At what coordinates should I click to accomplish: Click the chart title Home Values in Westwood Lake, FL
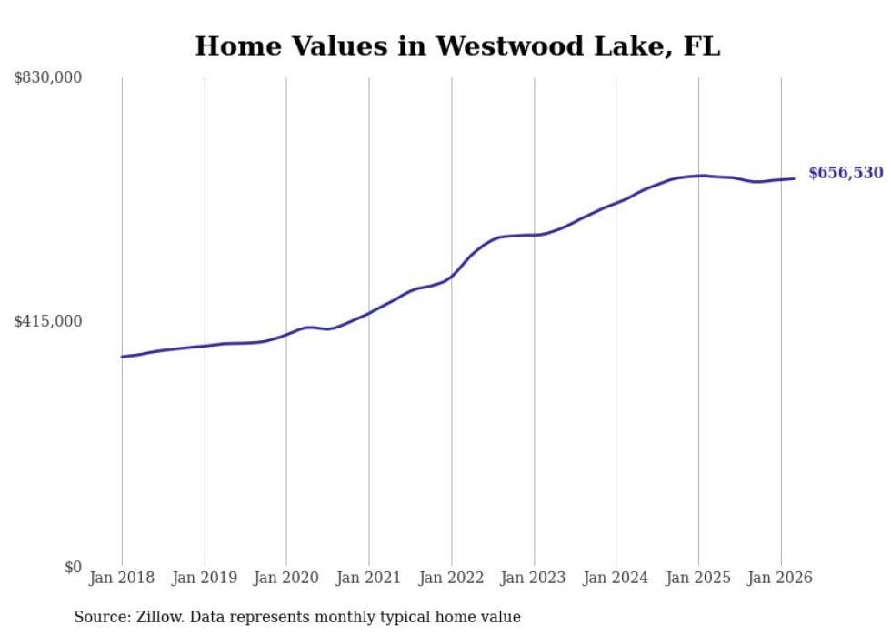point(457,45)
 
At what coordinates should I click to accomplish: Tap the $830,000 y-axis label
point(47,78)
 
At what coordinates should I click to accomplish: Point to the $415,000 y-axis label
point(47,321)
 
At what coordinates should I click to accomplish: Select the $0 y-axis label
point(73,567)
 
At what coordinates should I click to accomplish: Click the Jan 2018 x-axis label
point(122,578)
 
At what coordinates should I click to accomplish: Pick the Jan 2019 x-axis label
point(204,578)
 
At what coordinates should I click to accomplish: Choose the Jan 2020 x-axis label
point(286,578)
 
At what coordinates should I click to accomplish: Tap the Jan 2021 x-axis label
point(369,578)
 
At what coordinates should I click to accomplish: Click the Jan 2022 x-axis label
point(451,578)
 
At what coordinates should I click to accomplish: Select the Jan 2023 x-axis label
point(534,578)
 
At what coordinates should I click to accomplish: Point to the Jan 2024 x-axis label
point(616,578)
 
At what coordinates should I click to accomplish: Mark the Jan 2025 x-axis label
point(698,578)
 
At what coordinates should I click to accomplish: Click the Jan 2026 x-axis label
point(780,578)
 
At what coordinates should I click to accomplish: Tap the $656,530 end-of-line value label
point(846,173)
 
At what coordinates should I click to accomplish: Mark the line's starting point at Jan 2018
point(122,357)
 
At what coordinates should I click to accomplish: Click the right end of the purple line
point(795,178)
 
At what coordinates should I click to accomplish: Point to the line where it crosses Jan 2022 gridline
point(451,276)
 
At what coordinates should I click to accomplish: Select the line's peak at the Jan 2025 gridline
point(698,176)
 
